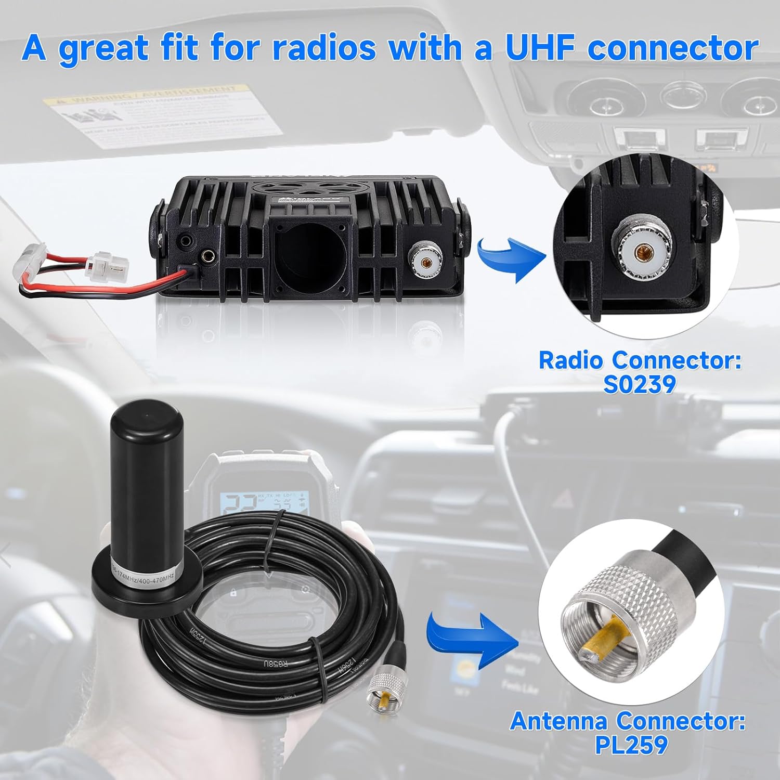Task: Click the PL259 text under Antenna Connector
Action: (631, 744)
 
